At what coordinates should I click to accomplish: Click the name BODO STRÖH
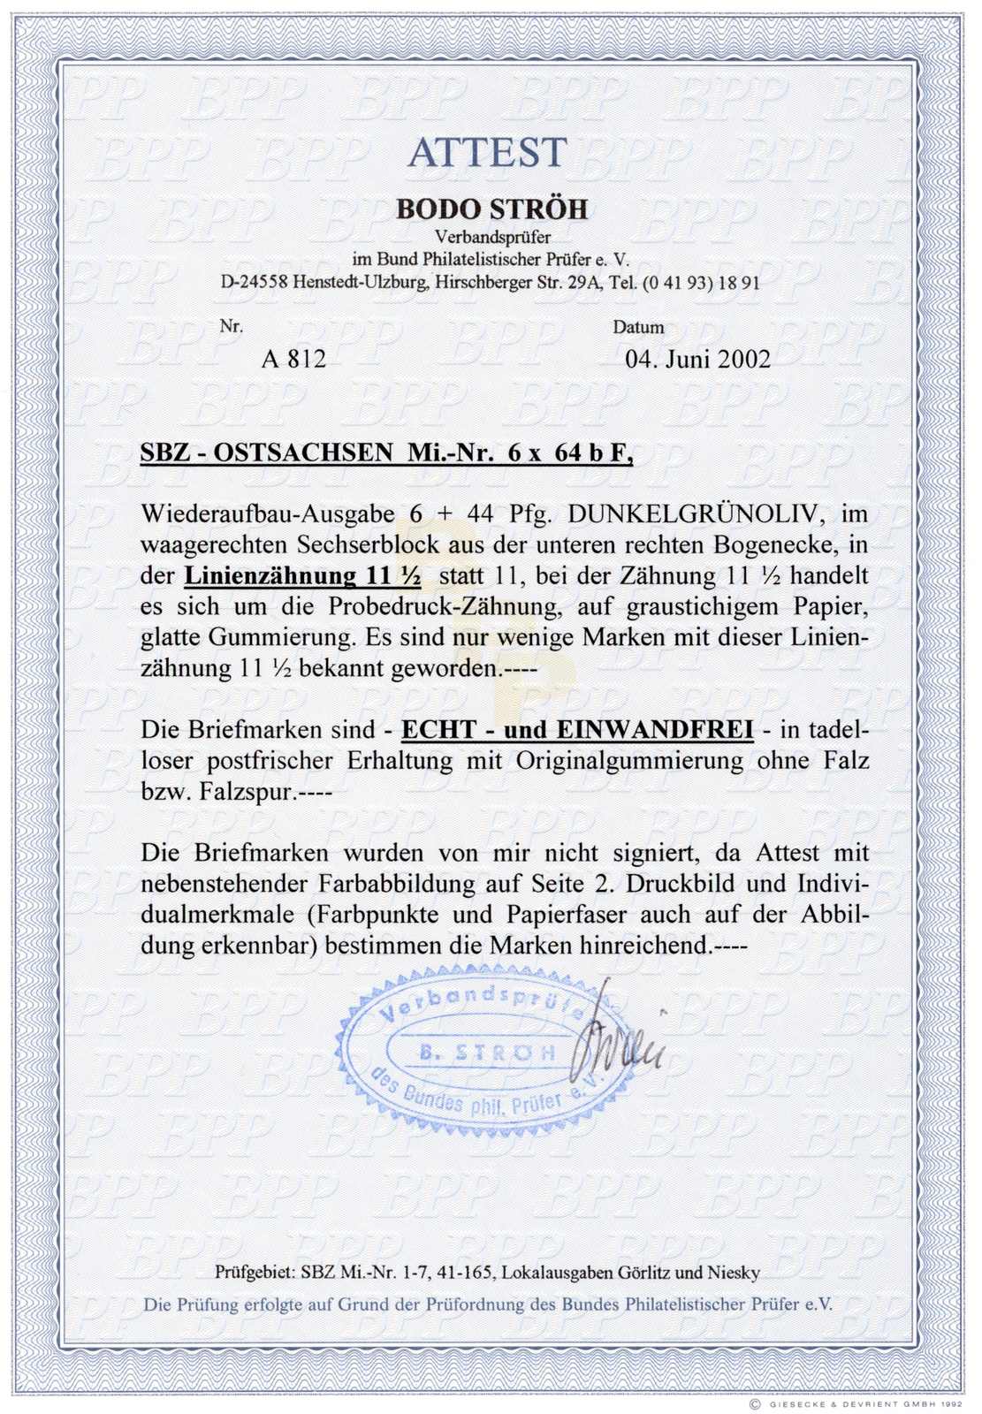pos(491,209)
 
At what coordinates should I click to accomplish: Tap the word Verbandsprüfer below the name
pos(492,237)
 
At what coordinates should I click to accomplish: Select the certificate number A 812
pos(293,359)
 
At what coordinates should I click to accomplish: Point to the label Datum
pos(638,328)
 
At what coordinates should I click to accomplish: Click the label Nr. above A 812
pos(231,327)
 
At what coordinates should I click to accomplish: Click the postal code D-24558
pos(261,283)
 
